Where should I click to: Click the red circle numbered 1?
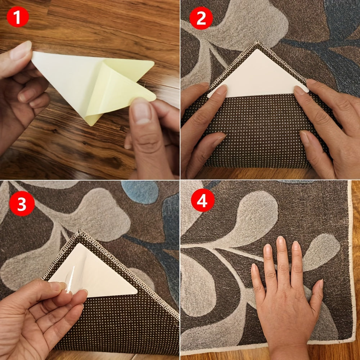[x=18, y=17]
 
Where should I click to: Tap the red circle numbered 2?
[x=201, y=18]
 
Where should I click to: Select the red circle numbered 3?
[x=22, y=203]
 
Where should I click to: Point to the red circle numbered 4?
[x=203, y=200]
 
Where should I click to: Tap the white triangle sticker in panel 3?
[x=96, y=272]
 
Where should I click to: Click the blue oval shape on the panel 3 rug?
[x=140, y=192]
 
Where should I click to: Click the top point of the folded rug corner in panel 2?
[x=258, y=41]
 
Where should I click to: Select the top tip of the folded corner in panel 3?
[x=80, y=230]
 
